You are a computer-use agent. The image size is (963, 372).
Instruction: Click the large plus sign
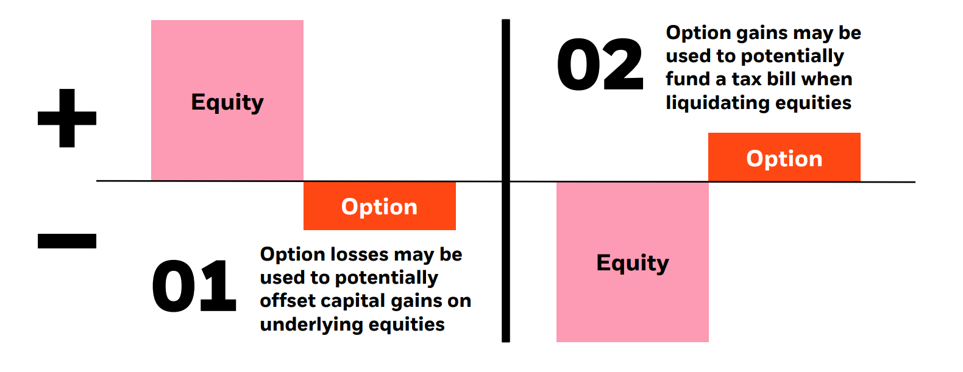(67, 118)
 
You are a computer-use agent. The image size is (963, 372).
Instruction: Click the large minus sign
(67, 241)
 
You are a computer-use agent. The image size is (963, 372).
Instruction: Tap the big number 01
(194, 287)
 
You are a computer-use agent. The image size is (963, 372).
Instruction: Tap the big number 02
(600, 65)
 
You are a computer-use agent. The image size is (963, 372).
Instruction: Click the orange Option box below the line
(379, 206)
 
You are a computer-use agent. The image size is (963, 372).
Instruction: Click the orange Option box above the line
(784, 158)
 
